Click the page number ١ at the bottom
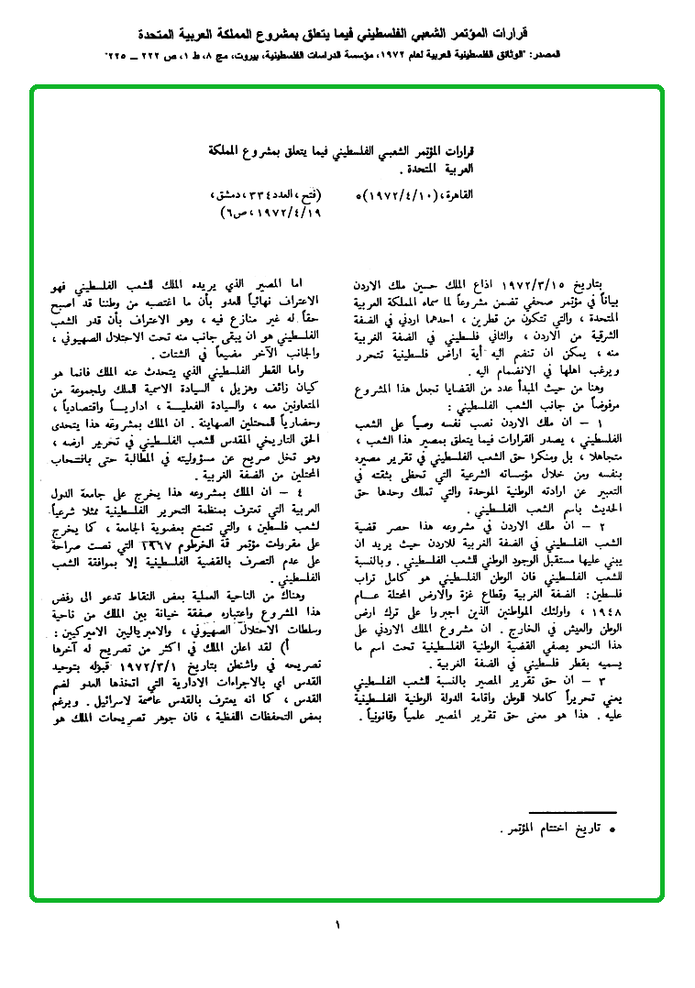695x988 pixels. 337,925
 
